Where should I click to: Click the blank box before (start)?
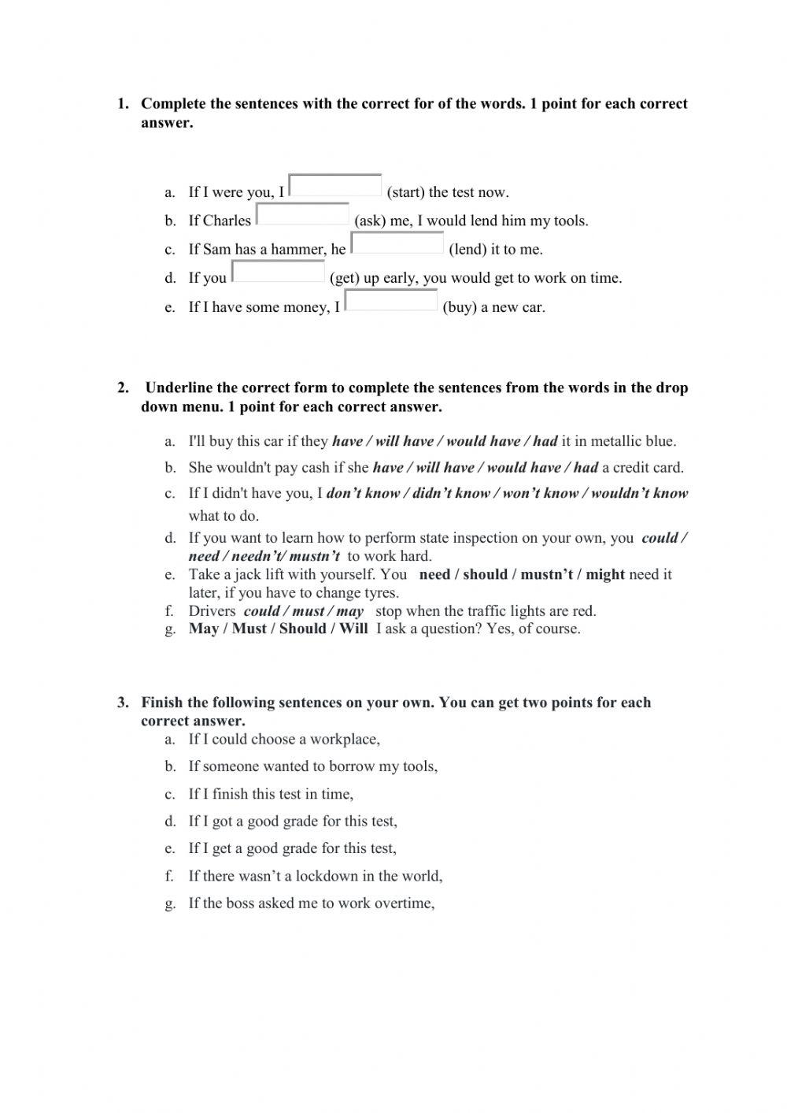335,185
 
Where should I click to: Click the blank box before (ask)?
303,214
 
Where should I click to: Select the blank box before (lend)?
397,243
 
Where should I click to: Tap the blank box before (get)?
279,272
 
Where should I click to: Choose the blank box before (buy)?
391,300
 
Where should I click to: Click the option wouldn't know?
639,494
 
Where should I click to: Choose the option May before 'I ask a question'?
203,629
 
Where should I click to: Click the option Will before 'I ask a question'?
353,629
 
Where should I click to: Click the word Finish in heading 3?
162,703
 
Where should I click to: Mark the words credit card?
648,468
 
